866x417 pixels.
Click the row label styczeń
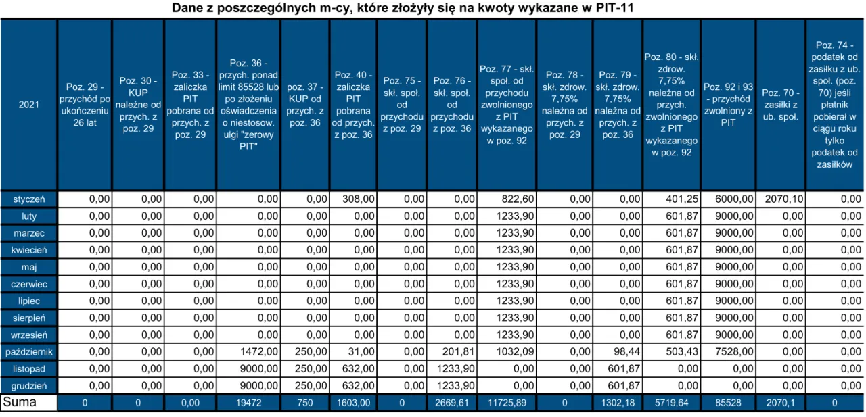click(29, 199)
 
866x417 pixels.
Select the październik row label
click(29, 352)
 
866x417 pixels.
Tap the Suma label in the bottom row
click(21, 403)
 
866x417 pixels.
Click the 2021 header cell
click(29, 105)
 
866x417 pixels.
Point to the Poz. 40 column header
click(352, 105)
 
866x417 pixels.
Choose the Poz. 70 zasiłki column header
click(779, 105)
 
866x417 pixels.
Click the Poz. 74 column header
click(834, 105)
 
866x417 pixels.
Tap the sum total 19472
click(248, 403)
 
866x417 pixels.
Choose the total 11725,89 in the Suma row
click(507, 403)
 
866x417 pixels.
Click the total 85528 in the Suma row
click(728, 403)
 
